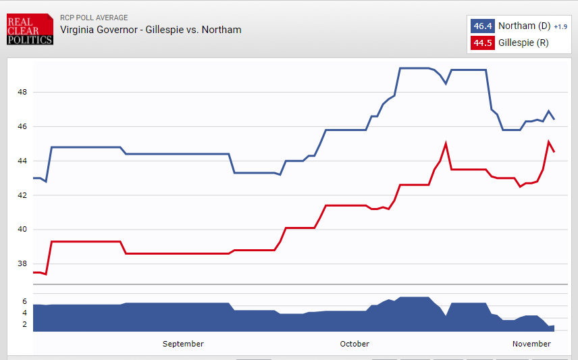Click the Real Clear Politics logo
[30, 30]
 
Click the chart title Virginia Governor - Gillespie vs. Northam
[151, 30]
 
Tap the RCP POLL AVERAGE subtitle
[94, 18]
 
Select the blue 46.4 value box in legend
[482, 26]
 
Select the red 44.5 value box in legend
[482, 43]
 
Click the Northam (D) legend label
[525, 26]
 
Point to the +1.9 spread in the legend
[560, 27]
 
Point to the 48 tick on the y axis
[22, 92]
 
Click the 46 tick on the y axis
[22, 126]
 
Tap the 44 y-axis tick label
[22, 161]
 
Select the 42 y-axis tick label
[22, 195]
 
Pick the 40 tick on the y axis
[22, 230]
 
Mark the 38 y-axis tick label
[22, 264]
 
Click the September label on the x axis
[183, 344]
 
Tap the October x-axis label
[354, 344]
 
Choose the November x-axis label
[531, 344]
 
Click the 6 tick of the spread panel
[24, 301]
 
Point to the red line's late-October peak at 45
[446, 143]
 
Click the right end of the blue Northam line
[554, 119]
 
